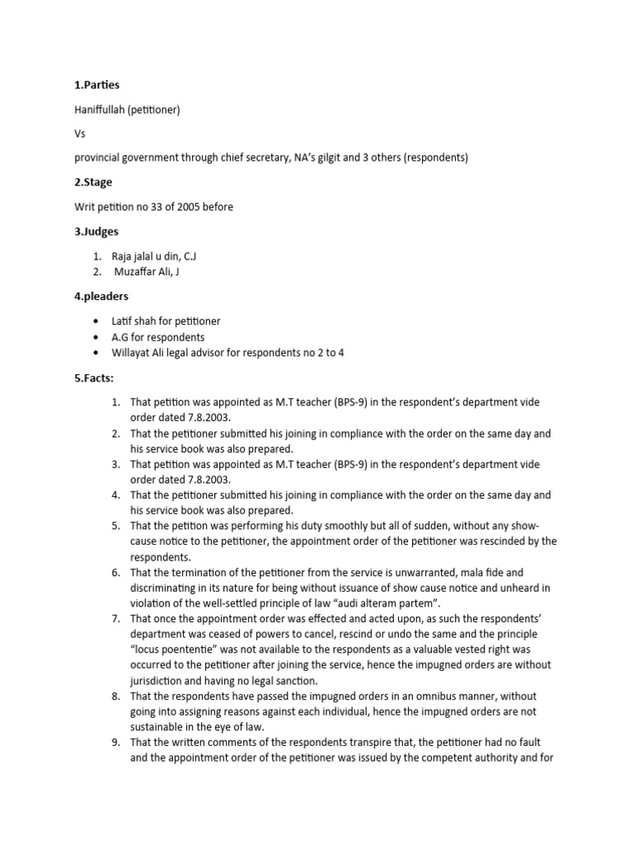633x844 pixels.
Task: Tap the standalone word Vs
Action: [x=79, y=133]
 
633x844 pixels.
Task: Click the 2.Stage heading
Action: [x=93, y=182]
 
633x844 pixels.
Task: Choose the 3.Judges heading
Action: [x=96, y=232]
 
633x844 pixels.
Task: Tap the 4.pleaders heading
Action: [x=100, y=297]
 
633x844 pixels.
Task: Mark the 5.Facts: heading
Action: [x=94, y=378]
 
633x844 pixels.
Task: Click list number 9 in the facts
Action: [x=116, y=742]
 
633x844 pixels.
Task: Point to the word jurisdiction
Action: [x=161, y=680]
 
